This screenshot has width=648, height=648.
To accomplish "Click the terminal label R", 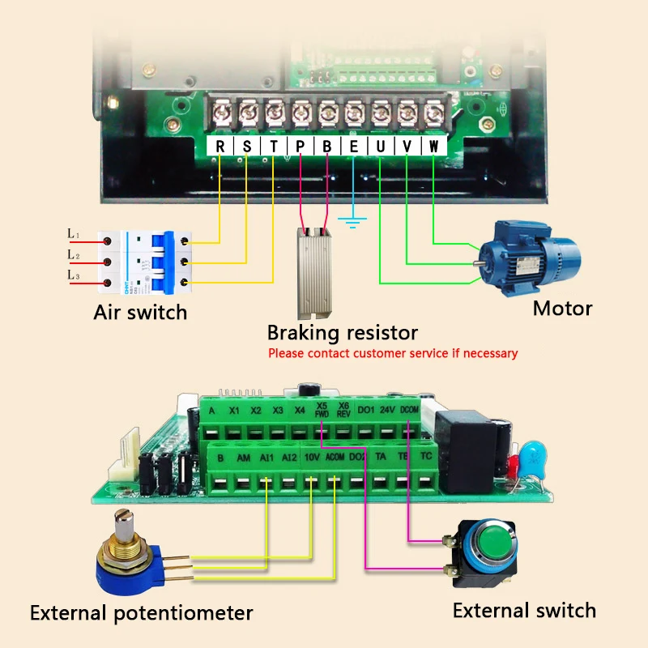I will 220,147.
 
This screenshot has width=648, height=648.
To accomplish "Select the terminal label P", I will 300,147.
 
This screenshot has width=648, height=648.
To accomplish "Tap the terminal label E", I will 353,147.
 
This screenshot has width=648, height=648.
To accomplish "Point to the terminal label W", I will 433,147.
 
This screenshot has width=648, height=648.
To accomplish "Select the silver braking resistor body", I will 315,271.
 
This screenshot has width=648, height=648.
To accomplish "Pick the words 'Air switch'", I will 140,312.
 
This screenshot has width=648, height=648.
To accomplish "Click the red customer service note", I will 393,353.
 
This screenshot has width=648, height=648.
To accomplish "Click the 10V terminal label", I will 311,458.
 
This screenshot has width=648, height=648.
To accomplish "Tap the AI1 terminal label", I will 266,458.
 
